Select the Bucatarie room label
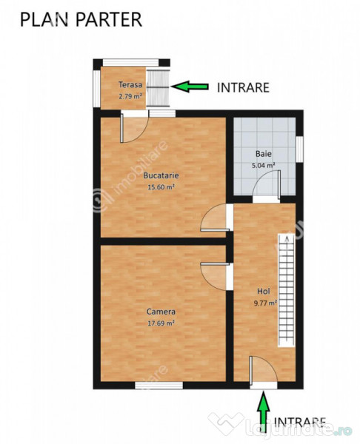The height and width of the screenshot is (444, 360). point(161,176)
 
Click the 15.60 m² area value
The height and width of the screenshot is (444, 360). point(161,187)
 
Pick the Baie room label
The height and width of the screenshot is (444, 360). point(264,154)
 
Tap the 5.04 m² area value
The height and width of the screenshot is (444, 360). point(264,165)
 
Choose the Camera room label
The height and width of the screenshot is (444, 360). point(161,312)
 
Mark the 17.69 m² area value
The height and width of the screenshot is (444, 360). point(161,323)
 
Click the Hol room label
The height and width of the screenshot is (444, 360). point(264,292)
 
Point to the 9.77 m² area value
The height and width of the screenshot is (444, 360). point(264,303)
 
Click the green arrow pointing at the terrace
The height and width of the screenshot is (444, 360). point(191,87)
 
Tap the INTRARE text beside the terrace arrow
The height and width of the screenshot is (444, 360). point(243,87)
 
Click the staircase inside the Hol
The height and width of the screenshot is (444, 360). point(286,289)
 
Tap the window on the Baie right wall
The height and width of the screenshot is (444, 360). point(300,147)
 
